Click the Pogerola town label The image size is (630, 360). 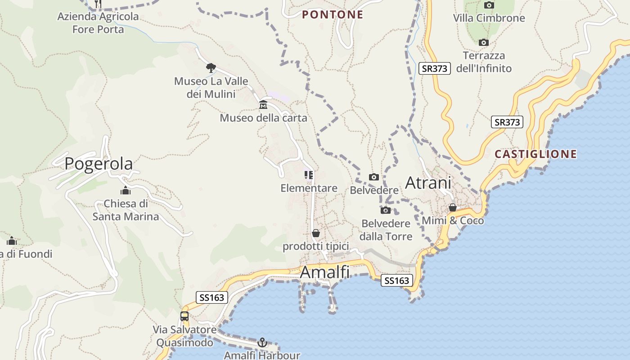tap(99, 164)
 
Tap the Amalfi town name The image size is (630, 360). tap(324, 272)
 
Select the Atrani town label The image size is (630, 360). tap(428, 183)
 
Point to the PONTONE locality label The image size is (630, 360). tap(333, 15)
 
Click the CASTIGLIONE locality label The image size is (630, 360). tap(535, 154)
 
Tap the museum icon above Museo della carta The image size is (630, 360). tap(263, 105)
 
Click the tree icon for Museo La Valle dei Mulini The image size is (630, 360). tap(211, 68)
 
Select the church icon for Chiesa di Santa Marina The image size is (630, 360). tap(126, 191)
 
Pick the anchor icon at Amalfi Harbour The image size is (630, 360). tap(262, 343)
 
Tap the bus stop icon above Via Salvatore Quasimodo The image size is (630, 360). tap(184, 316)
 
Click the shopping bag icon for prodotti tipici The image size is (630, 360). tap(316, 234)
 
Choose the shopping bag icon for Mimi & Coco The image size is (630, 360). tap(453, 208)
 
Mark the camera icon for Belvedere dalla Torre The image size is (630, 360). tap(386, 211)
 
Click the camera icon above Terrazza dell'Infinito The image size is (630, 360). tap(484, 43)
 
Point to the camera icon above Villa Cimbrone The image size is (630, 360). tap(489, 5)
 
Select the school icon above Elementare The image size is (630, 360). tap(309, 175)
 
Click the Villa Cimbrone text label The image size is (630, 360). tap(489, 18)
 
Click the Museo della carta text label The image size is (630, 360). tap(263, 118)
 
